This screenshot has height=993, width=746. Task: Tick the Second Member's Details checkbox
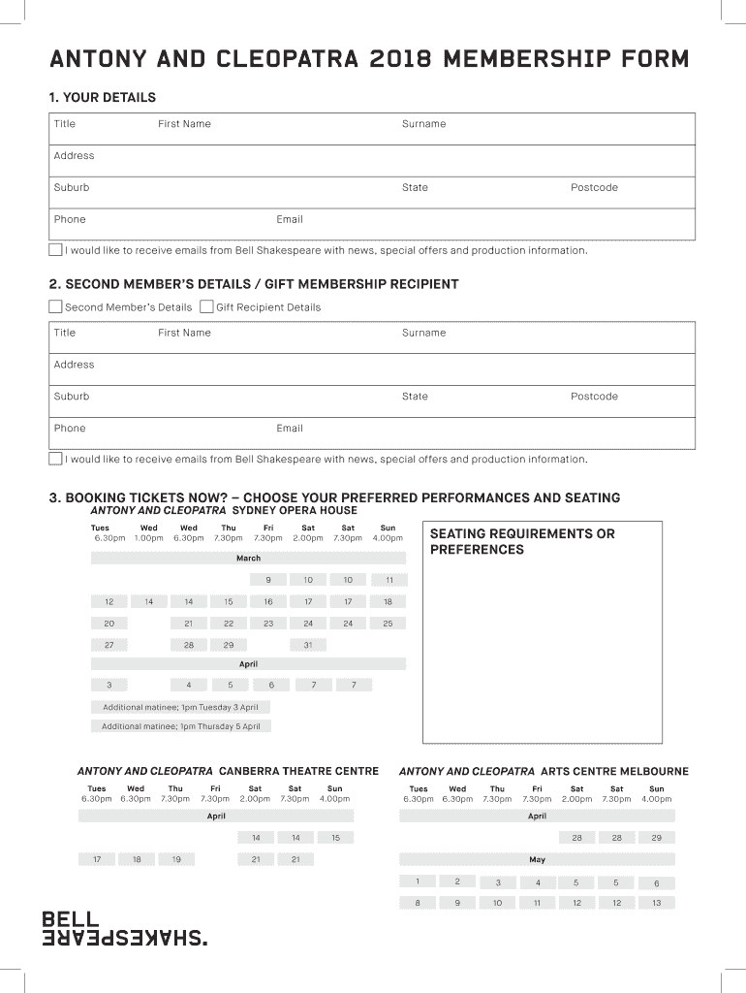(x=55, y=307)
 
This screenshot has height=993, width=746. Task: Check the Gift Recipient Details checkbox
(x=206, y=307)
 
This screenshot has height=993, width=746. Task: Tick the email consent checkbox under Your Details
(x=55, y=250)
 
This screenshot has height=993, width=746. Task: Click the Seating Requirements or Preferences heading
(x=522, y=541)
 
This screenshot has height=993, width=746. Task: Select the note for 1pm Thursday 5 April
(x=181, y=726)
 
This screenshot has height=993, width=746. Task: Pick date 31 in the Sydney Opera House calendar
(x=308, y=645)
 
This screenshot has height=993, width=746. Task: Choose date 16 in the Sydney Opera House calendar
(x=268, y=601)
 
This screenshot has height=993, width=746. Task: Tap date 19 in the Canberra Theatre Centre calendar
(x=176, y=859)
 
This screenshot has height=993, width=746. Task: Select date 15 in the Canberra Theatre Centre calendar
(x=335, y=837)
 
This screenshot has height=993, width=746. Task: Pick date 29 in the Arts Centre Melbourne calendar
(x=656, y=837)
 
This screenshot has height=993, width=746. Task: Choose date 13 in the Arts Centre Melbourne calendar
(x=656, y=903)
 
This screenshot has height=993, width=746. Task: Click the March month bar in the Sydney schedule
(x=248, y=559)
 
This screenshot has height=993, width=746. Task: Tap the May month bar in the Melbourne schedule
(x=537, y=859)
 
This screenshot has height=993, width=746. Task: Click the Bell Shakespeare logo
(x=124, y=928)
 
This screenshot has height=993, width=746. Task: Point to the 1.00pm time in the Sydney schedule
(x=149, y=537)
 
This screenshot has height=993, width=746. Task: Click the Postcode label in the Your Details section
(x=594, y=187)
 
